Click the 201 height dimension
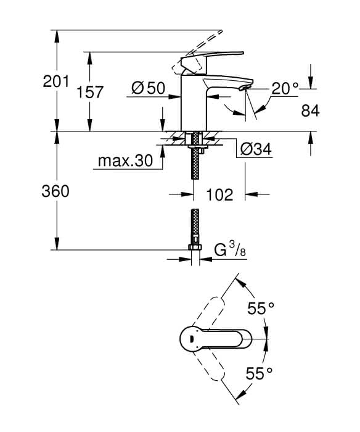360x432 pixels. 56,81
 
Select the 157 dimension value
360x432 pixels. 89,92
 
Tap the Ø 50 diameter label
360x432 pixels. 148,88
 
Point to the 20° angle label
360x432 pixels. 285,88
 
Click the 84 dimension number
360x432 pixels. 311,110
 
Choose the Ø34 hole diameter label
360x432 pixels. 256,149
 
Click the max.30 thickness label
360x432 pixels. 125,160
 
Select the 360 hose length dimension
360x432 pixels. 55,191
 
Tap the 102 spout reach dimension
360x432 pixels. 219,194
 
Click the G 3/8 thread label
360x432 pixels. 230,251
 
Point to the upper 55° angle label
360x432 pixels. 261,308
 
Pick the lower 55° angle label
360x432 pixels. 259,373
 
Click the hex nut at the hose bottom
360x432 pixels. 195,247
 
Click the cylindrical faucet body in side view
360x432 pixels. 194,102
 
